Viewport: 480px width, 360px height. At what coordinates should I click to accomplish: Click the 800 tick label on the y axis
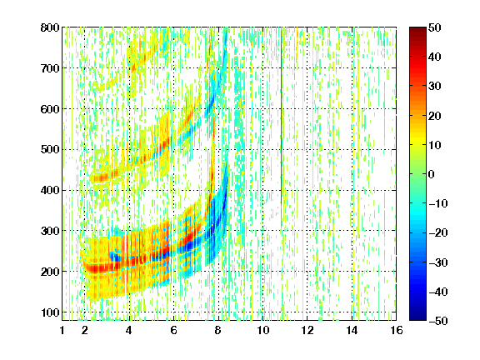coord(50,27)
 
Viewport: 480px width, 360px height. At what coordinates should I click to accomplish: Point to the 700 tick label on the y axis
coord(50,68)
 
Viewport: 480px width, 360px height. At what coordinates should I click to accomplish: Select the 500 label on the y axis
coord(50,150)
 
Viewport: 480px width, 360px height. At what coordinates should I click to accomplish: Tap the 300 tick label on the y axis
coord(50,231)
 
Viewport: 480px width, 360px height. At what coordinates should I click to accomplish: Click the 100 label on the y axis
coord(50,312)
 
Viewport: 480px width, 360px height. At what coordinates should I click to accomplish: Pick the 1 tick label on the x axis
coord(62,330)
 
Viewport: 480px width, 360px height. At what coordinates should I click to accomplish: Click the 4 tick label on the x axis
coord(129,330)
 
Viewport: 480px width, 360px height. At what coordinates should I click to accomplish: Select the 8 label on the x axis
coord(218,330)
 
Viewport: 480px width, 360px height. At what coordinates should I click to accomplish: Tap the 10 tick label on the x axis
coord(262,330)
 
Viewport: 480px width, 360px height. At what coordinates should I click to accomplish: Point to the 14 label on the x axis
coord(352,330)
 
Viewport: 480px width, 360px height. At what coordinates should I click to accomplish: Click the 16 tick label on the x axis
coord(397,330)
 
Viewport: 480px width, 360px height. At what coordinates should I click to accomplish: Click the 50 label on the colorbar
coord(434,27)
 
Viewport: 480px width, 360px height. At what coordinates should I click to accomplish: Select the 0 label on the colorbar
coord(432,174)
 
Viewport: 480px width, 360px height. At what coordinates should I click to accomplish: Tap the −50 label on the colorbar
coord(438,321)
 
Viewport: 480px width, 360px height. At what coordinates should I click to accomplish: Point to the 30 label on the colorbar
coord(434,86)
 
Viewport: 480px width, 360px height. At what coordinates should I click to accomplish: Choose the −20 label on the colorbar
coord(438,232)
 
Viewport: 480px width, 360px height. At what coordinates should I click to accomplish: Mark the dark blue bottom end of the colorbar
coord(417,318)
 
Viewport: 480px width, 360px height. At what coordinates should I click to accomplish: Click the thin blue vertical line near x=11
coord(282,128)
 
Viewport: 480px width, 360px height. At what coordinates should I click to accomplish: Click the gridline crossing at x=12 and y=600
coord(307,108)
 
